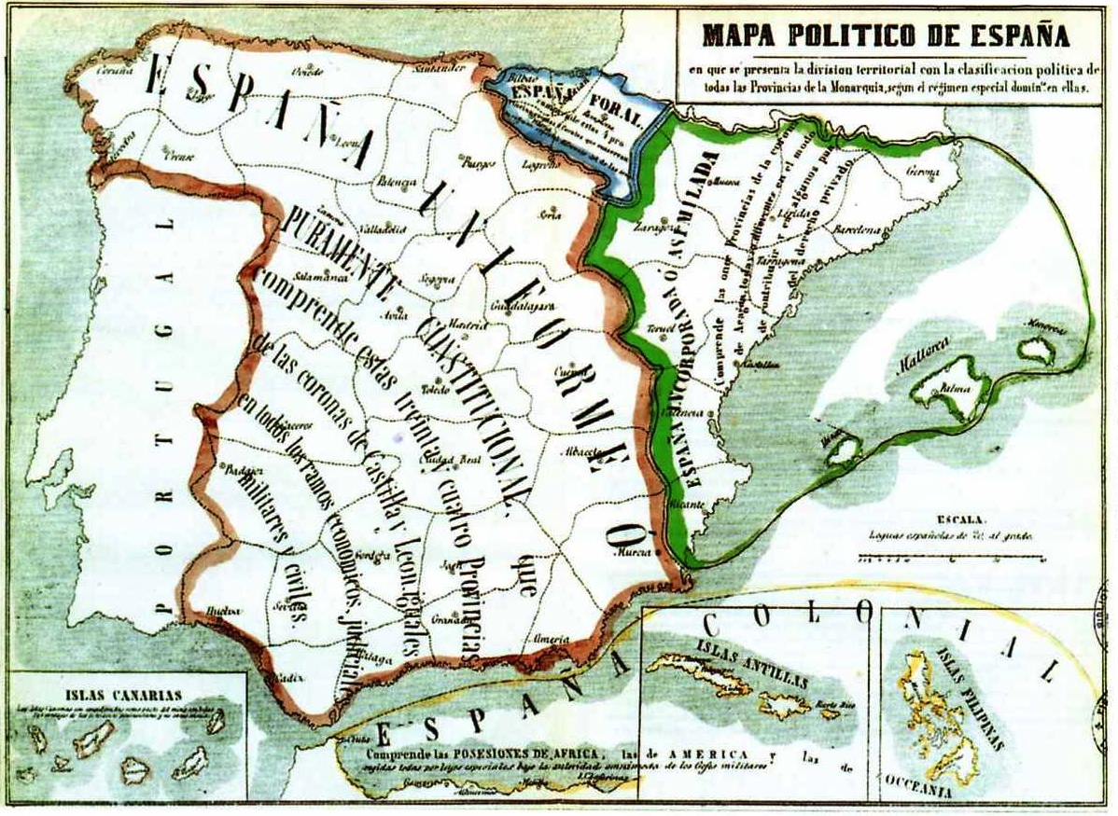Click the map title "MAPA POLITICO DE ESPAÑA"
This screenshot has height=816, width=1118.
[x=886, y=36]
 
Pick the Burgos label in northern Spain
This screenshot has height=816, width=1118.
[x=478, y=164]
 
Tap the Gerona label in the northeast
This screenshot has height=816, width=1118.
[x=928, y=171]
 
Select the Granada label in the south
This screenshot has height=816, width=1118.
[x=451, y=618]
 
